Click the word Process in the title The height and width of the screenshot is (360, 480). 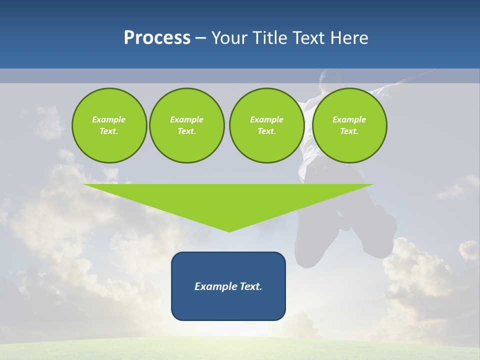pos(157,38)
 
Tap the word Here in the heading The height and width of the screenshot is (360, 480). pos(349,38)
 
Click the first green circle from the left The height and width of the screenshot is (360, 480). pos(109,125)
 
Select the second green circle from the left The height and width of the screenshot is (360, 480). pos(186,125)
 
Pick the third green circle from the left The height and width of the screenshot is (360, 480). pos(266,125)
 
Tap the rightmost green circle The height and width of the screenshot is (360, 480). pos(349,125)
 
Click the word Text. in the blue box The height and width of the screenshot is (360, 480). pos(251,286)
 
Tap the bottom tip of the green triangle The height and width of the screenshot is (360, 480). pos(229,231)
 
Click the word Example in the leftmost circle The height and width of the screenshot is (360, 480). pos(109,119)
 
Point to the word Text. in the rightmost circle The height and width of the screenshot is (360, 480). pos(349,131)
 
